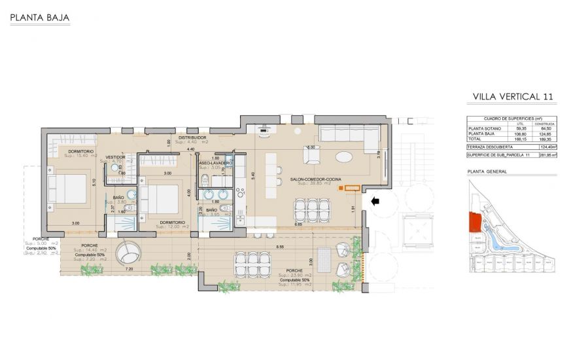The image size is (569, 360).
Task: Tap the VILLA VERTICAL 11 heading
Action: pos(513,96)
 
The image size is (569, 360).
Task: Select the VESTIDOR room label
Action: pos(115,157)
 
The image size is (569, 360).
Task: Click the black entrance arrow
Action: pos(375,202)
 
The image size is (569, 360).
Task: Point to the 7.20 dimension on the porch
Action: pos(129,269)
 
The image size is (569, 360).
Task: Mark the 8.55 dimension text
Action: pos(280,246)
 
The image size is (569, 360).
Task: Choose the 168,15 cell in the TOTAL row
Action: pos(521,138)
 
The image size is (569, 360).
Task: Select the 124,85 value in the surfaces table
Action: pos(545,133)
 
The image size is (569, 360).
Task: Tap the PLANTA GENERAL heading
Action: pos(487,171)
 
